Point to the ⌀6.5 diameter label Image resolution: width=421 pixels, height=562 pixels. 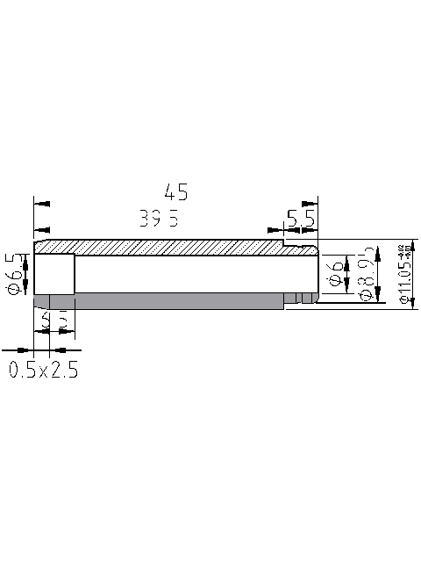(14, 273)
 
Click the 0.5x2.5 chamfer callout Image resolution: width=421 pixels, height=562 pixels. (44, 370)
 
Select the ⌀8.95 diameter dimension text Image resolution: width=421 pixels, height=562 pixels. (368, 274)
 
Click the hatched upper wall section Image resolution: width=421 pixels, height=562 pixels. (167, 248)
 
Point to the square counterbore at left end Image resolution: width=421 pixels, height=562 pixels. (54, 274)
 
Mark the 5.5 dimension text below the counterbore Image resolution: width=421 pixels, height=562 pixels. (54, 320)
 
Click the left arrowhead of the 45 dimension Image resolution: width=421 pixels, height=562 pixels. (40, 204)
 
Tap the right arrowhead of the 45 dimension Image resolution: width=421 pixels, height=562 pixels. (310, 204)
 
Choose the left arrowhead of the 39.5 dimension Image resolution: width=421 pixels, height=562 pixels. (40, 230)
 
